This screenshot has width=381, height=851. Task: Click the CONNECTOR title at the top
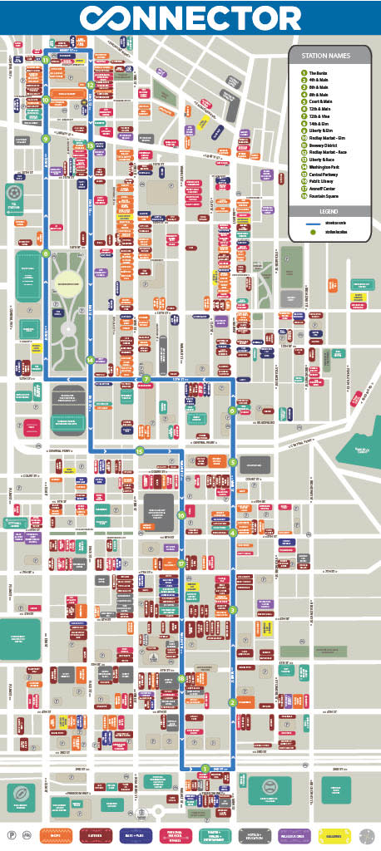point(190,17)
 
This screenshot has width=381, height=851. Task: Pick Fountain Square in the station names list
point(324,194)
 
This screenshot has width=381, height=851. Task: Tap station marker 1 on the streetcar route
point(205,768)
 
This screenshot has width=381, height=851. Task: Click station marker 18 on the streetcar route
point(181,679)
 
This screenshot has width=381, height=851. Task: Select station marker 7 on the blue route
point(146,379)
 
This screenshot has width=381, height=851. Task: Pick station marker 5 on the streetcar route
point(234,462)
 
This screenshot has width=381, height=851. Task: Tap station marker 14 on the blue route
point(90,359)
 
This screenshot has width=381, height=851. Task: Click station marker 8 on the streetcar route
point(46,254)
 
